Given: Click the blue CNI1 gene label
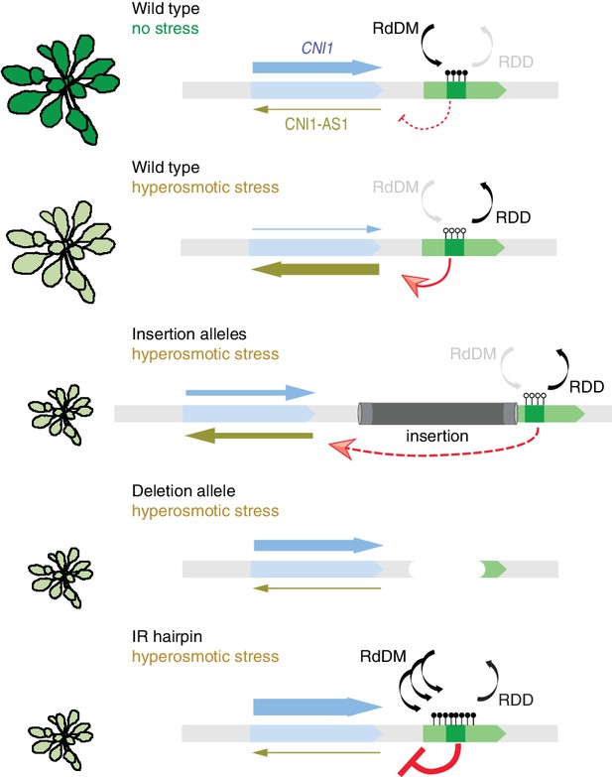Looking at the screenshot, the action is [x=317, y=48].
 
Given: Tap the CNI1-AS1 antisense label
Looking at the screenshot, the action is [x=316, y=123].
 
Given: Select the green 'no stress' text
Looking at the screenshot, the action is [x=166, y=28].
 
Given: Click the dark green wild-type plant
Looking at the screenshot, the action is [x=61, y=89].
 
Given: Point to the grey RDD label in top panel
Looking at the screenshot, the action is [x=516, y=62].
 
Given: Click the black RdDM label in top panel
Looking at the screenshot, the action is [x=396, y=28].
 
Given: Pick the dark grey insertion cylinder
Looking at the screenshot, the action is [x=437, y=413].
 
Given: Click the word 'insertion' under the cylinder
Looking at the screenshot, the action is [x=437, y=436].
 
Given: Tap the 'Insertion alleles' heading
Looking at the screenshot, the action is [x=189, y=334].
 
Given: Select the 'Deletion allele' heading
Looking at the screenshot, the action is [x=184, y=490].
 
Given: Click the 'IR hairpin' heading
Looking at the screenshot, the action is [x=167, y=636].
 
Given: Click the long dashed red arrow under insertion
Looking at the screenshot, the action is [x=435, y=451].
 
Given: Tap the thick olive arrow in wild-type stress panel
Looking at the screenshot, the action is [x=315, y=270].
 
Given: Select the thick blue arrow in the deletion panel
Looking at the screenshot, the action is [x=318, y=546].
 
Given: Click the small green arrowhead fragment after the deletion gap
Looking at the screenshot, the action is [x=493, y=570].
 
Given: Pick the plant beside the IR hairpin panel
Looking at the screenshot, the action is [x=61, y=740].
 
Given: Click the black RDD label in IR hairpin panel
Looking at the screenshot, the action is [x=516, y=700].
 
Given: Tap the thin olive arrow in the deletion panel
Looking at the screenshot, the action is [x=316, y=588].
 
